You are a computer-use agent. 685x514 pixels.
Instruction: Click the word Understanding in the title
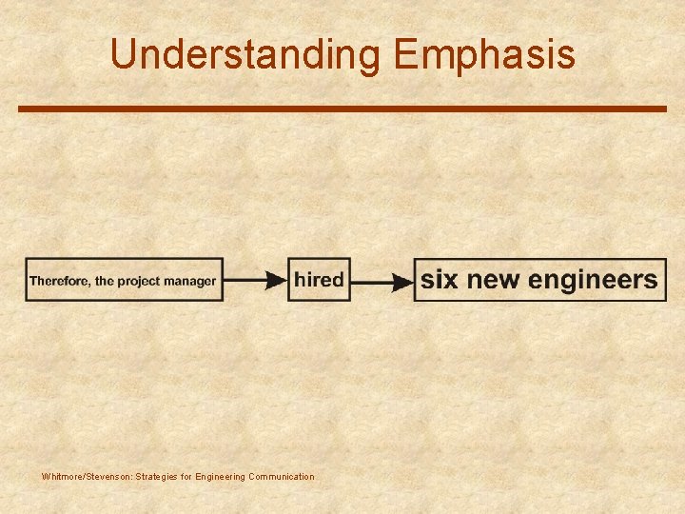[x=246, y=54]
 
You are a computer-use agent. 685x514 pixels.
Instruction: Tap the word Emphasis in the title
[x=484, y=54]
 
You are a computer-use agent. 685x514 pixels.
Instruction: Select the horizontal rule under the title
[x=342, y=109]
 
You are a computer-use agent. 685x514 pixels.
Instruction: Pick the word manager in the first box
[x=190, y=281]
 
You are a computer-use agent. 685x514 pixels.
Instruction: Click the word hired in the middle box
[x=319, y=280]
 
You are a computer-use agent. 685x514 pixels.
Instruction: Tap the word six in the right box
[x=439, y=280]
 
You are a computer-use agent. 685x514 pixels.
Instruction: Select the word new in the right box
[x=491, y=280]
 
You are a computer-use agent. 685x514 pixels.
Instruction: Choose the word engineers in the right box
[x=592, y=280]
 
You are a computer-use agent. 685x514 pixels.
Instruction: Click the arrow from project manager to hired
[x=255, y=281]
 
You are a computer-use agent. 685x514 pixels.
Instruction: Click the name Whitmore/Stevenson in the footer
[x=87, y=476]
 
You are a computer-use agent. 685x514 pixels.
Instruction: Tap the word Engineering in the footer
[x=220, y=476]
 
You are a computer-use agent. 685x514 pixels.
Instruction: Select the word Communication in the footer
[x=281, y=476]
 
